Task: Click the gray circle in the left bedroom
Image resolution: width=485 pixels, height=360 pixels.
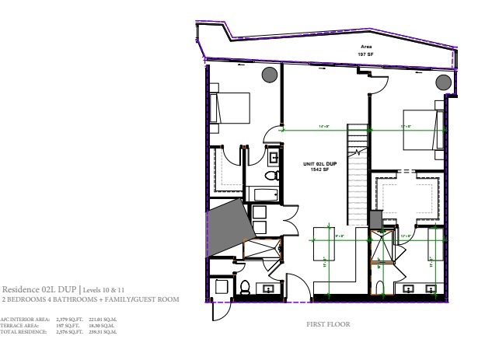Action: (x=268, y=75)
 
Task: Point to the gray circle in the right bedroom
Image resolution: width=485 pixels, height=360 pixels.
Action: (x=444, y=82)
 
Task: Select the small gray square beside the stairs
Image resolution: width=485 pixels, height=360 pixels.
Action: (x=375, y=221)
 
